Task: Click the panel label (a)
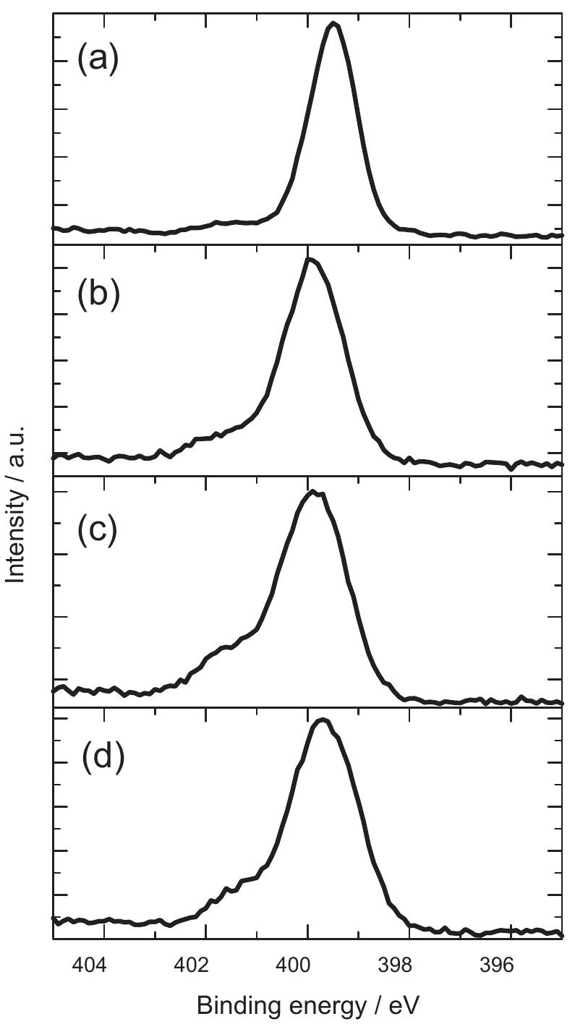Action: [x=98, y=60]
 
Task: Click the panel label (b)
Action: [x=98, y=296]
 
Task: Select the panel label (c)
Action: [x=98, y=529]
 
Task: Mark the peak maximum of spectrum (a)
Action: [x=333, y=23]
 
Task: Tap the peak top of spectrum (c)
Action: [x=313, y=492]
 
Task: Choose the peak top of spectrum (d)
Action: [x=323, y=720]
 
